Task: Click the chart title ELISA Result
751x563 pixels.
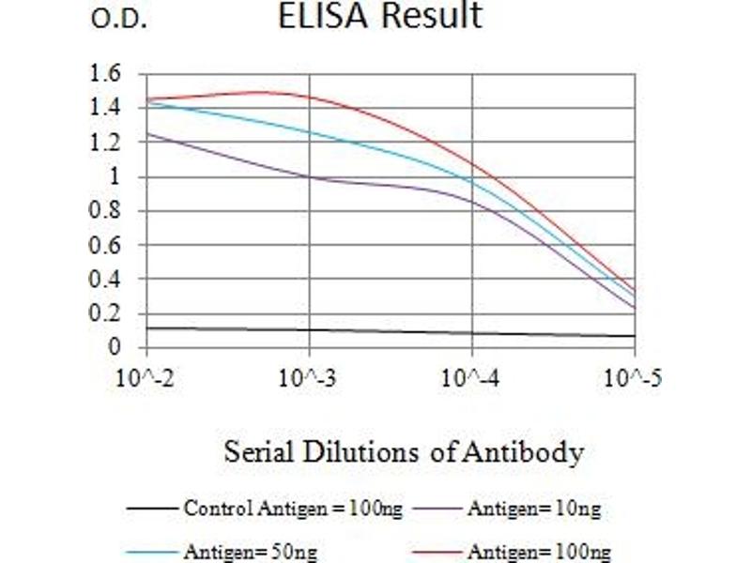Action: [x=380, y=16]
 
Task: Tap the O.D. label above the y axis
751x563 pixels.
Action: [x=119, y=21]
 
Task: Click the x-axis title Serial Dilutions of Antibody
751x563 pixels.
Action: [x=404, y=452]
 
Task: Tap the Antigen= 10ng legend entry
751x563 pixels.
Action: [x=533, y=510]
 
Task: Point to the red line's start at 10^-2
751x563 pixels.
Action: [x=147, y=99]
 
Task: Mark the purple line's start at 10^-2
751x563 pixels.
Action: [x=147, y=134]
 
